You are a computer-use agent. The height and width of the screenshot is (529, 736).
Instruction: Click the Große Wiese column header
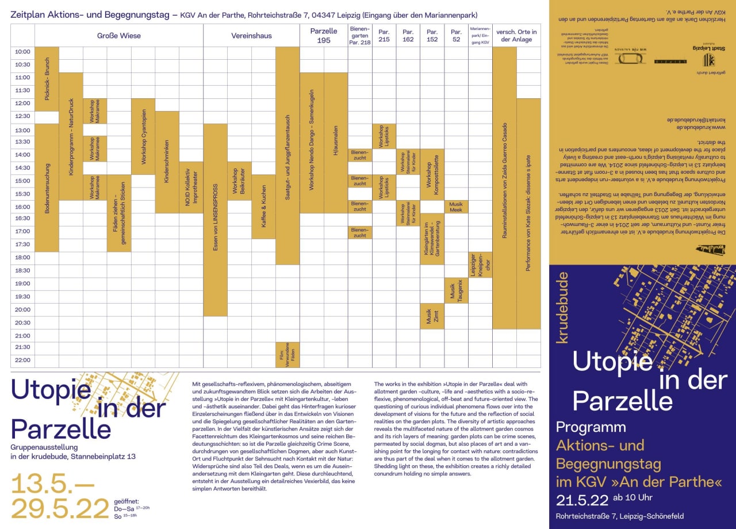coord(118,36)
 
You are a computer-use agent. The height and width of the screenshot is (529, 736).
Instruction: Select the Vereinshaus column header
coord(251,36)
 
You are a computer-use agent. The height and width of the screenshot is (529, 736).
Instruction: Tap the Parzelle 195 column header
coord(324,36)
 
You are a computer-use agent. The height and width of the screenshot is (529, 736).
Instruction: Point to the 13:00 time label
coord(22,129)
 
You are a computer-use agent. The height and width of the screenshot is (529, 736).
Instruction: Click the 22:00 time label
coord(22,360)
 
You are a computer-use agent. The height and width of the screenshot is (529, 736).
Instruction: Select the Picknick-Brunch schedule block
coord(47,79)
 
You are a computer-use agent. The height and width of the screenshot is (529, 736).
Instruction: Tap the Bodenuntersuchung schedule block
coord(47,187)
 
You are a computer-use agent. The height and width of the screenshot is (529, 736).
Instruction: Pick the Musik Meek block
coord(455,207)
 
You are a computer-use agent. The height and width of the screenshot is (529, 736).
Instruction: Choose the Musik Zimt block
coord(431,316)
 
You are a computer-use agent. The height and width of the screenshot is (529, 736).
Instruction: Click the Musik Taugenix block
coord(455,290)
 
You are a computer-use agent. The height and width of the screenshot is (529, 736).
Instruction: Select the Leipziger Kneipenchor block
coord(480,264)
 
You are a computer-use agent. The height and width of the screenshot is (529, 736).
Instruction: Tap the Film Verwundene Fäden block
coord(287,355)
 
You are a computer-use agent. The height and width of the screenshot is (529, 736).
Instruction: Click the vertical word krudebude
coord(563,308)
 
